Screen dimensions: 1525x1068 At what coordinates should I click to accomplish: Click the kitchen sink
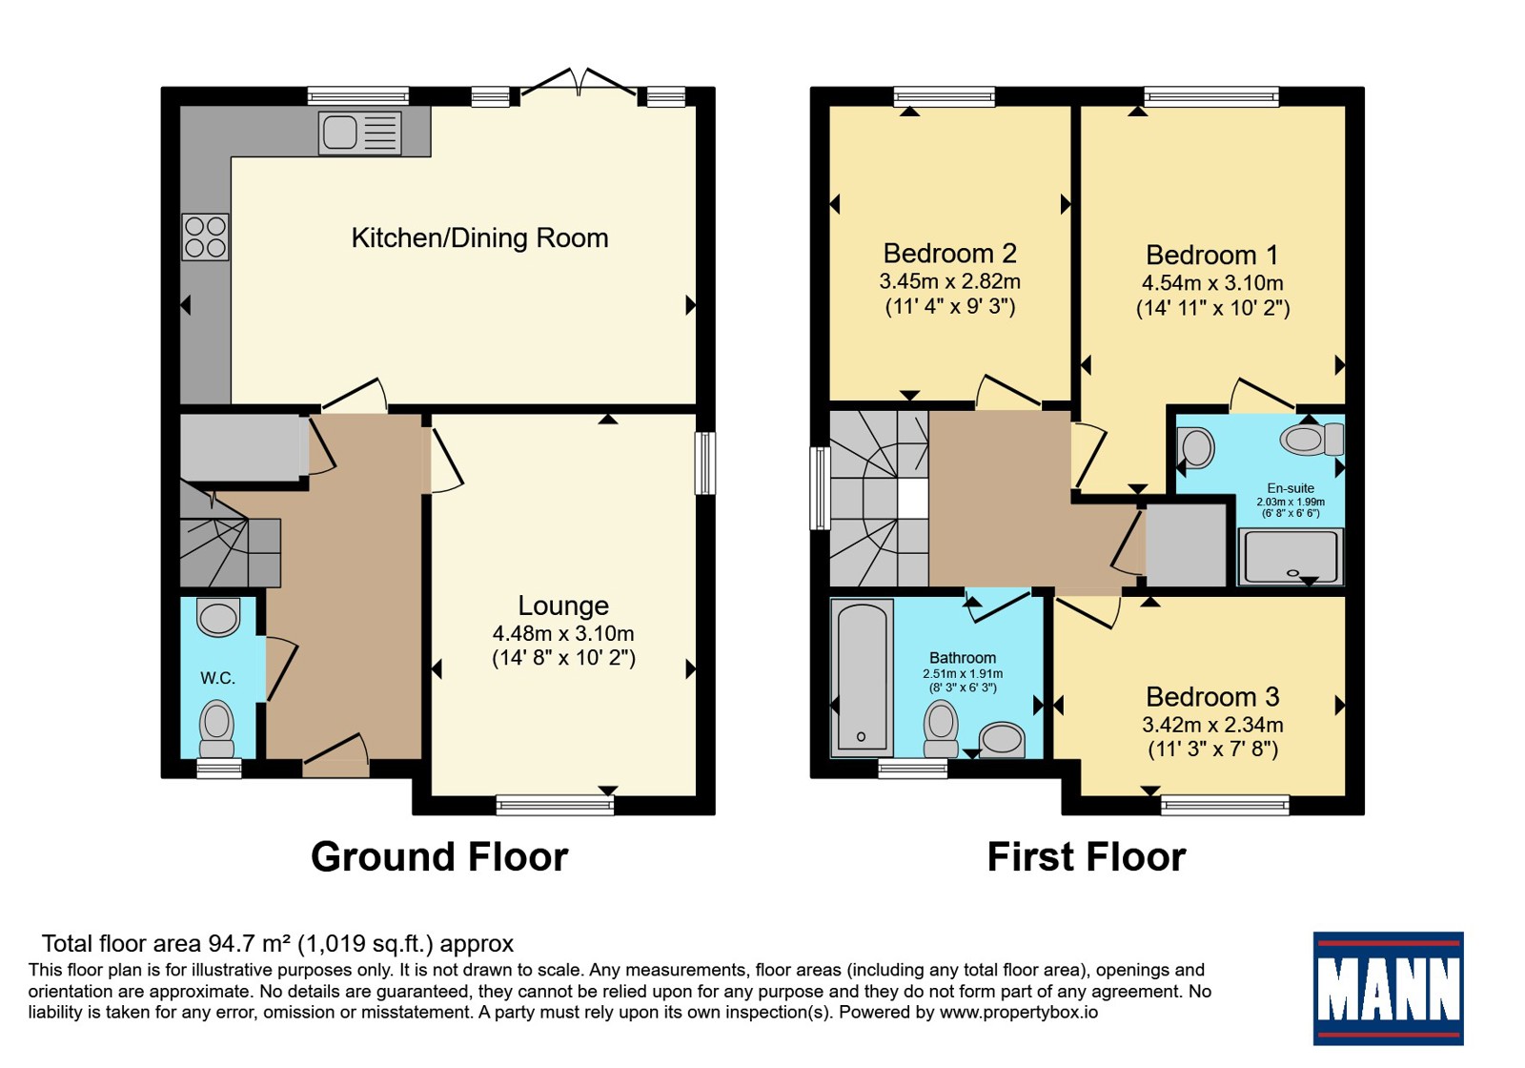359,133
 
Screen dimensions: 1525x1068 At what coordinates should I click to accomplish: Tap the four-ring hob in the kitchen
205,237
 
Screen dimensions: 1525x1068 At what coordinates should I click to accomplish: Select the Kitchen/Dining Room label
479,237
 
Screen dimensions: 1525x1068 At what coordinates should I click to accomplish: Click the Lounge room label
563,606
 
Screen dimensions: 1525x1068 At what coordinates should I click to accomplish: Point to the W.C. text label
217,678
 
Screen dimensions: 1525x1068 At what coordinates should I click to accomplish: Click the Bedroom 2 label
949,254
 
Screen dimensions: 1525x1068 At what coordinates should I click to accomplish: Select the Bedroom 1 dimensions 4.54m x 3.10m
1212,282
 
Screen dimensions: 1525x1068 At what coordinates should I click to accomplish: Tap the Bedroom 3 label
1212,697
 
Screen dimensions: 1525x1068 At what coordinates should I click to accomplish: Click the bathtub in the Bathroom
862,678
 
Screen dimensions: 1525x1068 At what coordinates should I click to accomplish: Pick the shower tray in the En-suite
1291,557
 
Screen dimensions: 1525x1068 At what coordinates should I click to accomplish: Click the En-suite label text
1291,487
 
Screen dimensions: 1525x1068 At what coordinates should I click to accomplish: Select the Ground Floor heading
439,857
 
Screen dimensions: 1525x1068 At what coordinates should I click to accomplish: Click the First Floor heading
1087,857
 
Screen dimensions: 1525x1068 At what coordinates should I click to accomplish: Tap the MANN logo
1388,988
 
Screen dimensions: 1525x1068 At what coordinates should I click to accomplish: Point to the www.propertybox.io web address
1019,1012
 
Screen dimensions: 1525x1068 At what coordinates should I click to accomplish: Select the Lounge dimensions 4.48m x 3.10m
563,633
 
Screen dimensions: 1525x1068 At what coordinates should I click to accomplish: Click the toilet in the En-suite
1311,440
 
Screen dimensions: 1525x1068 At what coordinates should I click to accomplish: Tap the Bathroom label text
963,658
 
